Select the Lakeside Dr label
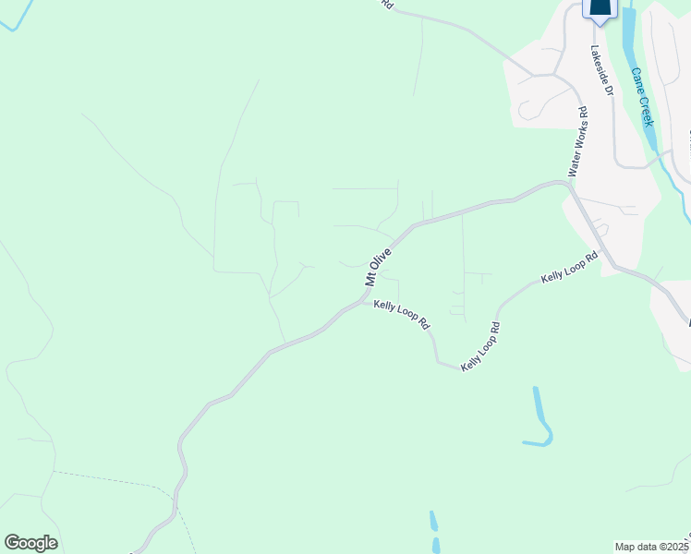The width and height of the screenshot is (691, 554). click(x=601, y=70)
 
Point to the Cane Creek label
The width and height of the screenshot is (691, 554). click(x=643, y=97)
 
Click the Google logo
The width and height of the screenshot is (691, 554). click(x=30, y=543)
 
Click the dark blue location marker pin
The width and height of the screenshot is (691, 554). click(x=600, y=9)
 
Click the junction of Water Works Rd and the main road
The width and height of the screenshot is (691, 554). click(x=566, y=184)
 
